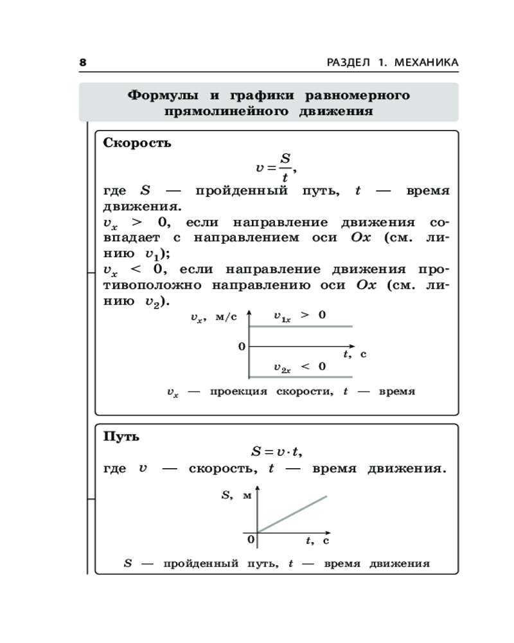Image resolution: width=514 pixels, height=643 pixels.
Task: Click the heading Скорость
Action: pos(137,143)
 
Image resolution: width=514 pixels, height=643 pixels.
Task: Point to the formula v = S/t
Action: pos(277,167)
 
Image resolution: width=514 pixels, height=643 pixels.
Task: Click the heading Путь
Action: pos(121,437)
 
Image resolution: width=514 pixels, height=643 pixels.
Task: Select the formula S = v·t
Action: pos(276,452)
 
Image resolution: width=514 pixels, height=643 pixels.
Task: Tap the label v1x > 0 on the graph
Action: pos(300,316)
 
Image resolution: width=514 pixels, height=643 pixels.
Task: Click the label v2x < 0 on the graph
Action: pos(300,367)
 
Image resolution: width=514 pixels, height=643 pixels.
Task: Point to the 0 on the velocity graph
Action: pos(242,347)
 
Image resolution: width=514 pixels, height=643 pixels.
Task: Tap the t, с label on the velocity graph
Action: pos(354,354)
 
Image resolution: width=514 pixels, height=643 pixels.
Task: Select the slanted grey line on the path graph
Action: pos(292,514)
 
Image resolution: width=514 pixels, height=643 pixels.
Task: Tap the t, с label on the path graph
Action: pos(317,541)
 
